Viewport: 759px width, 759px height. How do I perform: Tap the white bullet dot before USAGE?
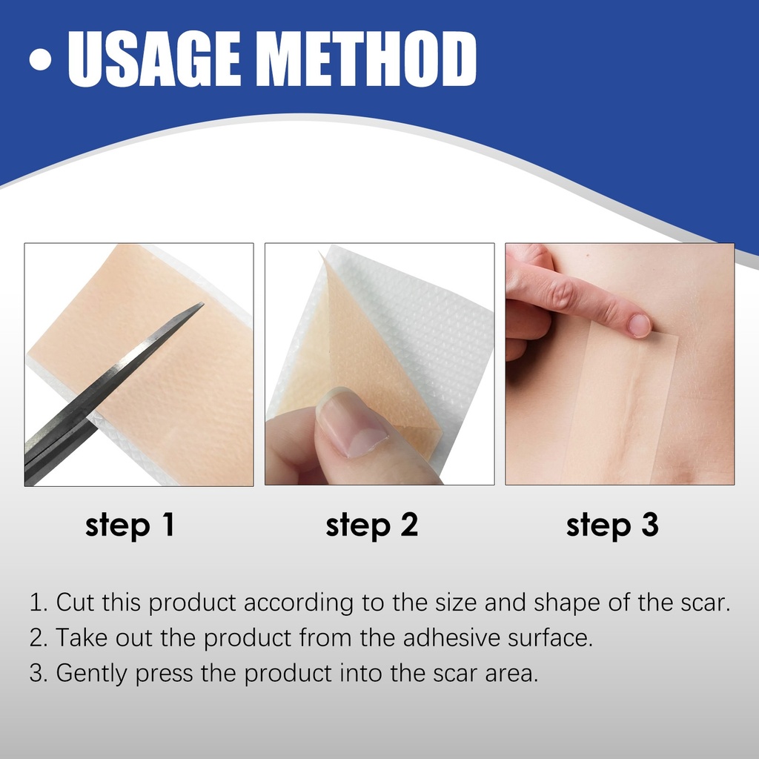tap(40, 59)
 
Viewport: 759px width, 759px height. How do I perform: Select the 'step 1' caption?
tap(130, 526)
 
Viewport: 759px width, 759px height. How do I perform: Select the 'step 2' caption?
tap(372, 526)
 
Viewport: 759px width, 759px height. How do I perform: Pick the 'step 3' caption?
tap(612, 526)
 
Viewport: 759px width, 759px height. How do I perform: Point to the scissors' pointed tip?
tap(203, 303)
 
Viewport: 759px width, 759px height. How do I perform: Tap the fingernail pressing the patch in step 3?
tap(640, 325)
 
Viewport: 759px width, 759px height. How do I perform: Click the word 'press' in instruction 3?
tap(164, 675)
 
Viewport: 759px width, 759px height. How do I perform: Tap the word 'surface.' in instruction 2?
tap(551, 637)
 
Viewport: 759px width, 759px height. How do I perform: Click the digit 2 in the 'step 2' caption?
tap(409, 524)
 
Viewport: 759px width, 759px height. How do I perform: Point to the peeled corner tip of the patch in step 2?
tap(319, 252)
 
